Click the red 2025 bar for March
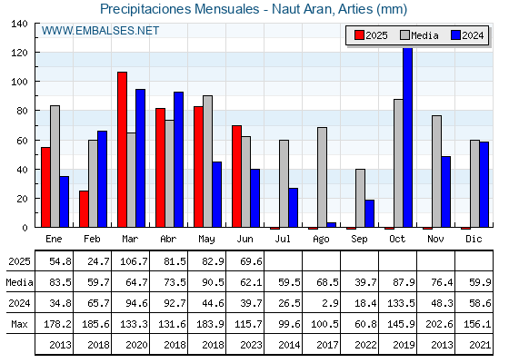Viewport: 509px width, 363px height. click(123, 150)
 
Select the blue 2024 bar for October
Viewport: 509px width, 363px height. click(408, 137)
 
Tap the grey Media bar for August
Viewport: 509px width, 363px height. click(322, 177)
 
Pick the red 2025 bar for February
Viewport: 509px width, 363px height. click(84, 209)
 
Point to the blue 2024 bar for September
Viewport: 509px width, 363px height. click(369, 213)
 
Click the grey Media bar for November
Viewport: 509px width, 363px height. click(436, 172)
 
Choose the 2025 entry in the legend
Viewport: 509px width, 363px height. click(371, 35)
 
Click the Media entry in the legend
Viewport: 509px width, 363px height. click(419, 35)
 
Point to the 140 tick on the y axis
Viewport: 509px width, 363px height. click(19, 24)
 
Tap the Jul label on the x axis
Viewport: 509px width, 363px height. click(283, 239)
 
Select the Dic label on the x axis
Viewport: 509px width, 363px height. click(474, 239)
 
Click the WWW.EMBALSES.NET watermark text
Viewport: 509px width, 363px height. click(100, 31)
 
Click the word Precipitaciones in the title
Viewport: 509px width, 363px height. click(145, 9)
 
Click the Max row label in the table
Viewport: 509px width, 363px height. click(19, 324)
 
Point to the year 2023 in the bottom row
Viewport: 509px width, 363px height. click(251, 345)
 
